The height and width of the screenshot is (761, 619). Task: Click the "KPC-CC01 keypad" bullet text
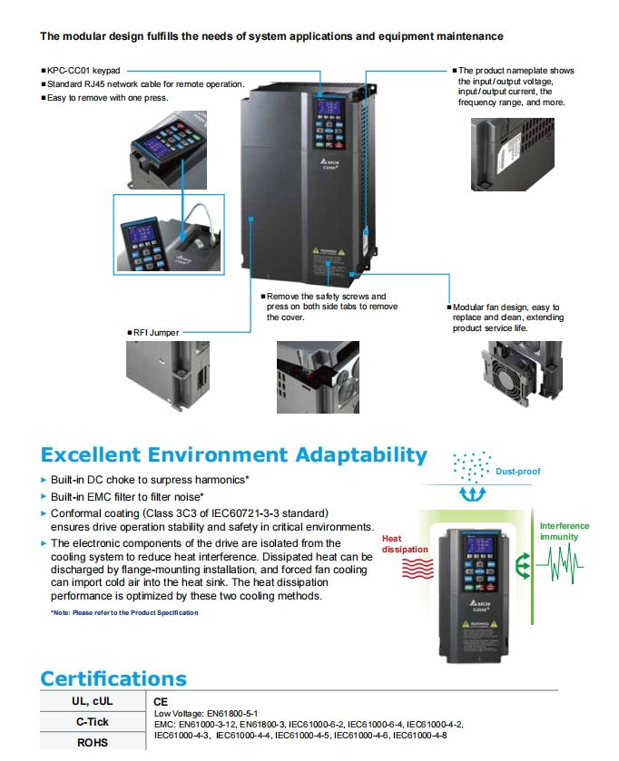(x=84, y=70)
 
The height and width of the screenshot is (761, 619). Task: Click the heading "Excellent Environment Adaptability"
(x=233, y=454)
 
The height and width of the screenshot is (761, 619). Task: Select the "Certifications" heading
(x=113, y=678)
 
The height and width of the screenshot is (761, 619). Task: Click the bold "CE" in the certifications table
(x=162, y=701)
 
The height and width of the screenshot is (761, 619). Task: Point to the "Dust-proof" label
(x=517, y=472)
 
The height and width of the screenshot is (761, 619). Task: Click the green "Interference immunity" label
(x=564, y=531)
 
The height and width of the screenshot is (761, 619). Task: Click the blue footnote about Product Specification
(x=124, y=612)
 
